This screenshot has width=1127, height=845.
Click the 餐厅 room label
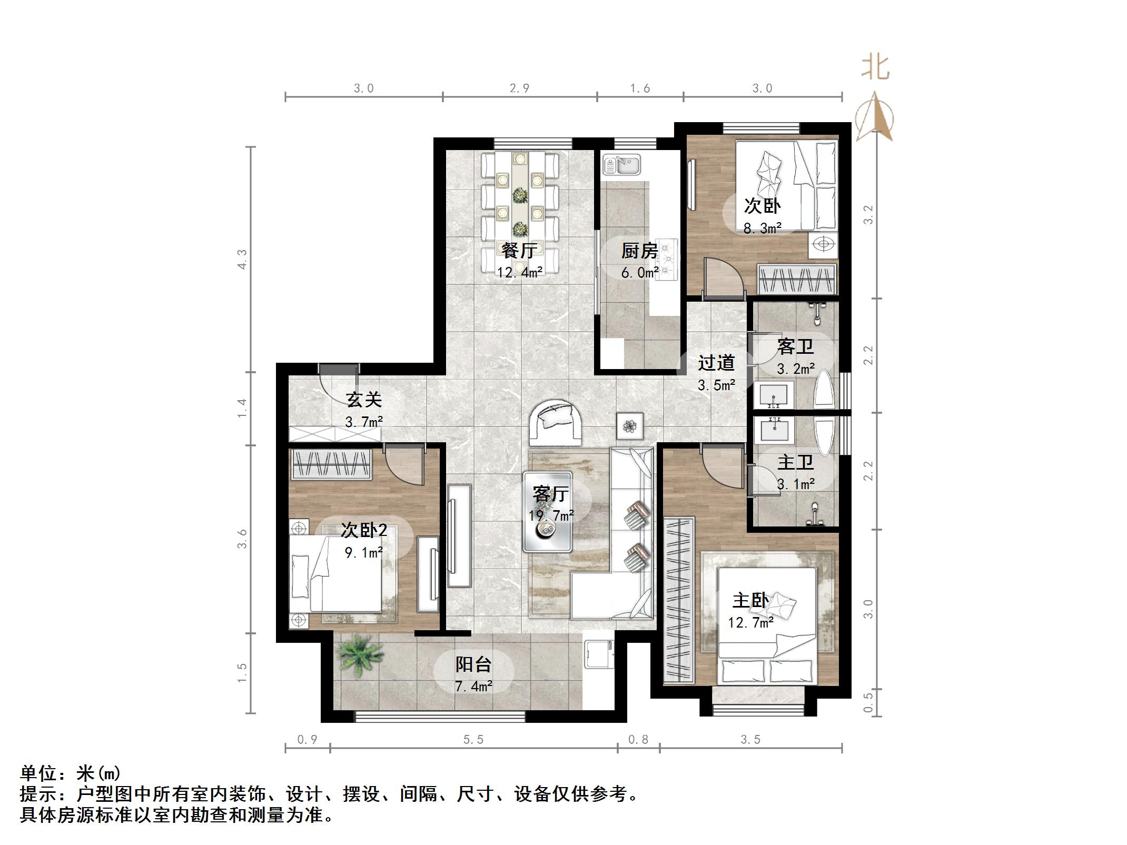coord(519,251)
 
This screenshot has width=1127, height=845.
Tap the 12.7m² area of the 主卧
coord(750,622)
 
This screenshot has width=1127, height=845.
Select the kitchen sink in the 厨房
coord(621,165)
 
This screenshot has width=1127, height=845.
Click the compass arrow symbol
coord(875,117)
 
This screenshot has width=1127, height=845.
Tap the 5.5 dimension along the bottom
coord(473,740)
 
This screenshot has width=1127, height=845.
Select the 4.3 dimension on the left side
coord(242,259)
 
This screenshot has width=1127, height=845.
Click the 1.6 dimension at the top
coord(640,88)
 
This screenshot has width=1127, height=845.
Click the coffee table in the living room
coord(548,512)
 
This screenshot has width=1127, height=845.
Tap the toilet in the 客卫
coord(824,389)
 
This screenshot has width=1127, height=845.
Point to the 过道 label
coord(716,362)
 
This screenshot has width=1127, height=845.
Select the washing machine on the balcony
coord(599,654)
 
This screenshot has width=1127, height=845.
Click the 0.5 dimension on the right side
coord(868,702)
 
